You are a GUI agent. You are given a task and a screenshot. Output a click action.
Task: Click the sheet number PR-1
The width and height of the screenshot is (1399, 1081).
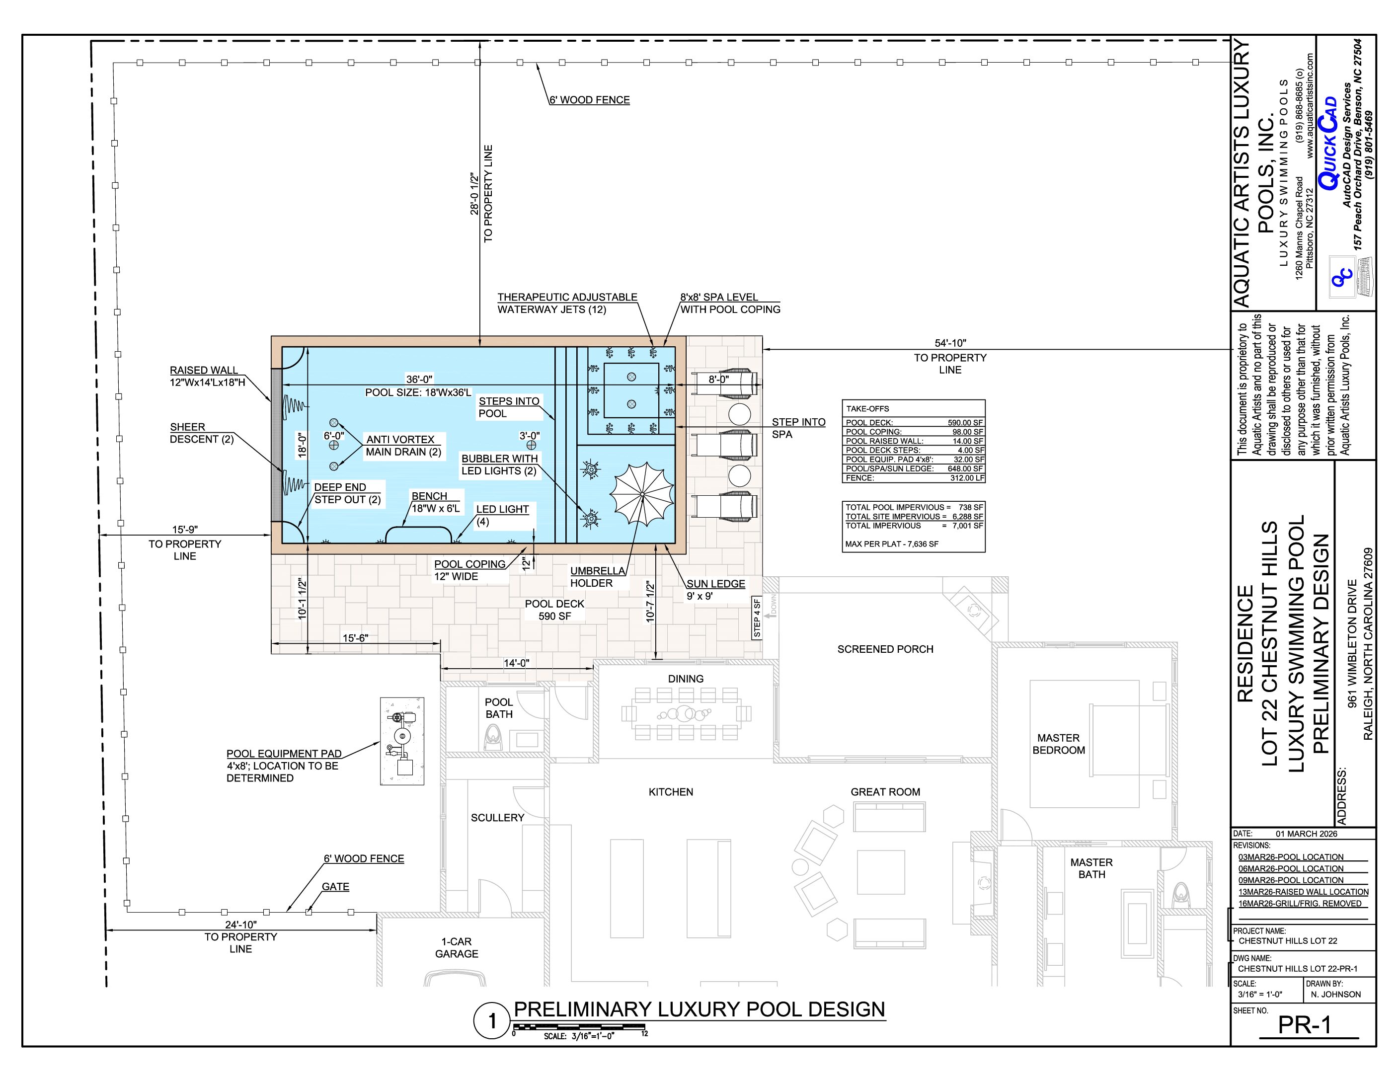click(1304, 1025)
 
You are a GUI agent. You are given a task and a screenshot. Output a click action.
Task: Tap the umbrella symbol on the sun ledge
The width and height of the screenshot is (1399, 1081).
click(642, 494)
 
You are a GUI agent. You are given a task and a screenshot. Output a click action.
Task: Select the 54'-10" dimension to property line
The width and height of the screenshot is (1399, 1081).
click(950, 343)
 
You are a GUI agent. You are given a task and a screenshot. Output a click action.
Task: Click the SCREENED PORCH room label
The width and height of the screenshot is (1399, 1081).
click(885, 649)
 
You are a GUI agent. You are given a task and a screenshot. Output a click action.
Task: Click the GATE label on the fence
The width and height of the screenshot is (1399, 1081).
click(336, 886)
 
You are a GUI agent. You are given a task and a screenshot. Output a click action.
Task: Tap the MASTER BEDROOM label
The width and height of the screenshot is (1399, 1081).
click(1059, 744)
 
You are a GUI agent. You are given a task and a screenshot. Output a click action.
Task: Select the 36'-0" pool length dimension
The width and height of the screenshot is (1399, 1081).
click(419, 379)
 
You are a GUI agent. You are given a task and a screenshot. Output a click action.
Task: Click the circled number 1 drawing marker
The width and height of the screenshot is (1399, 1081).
click(492, 1021)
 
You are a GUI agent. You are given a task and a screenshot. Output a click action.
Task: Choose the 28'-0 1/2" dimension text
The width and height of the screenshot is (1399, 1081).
click(474, 193)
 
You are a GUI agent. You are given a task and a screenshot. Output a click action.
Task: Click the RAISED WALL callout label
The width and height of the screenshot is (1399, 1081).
click(204, 370)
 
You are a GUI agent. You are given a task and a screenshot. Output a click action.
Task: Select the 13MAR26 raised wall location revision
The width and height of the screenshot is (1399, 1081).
click(1304, 891)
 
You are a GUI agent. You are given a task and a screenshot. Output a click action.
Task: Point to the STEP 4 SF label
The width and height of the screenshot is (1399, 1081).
click(757, 618)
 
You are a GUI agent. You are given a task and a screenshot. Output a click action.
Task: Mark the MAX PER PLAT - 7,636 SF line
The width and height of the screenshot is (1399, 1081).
click(892, 543)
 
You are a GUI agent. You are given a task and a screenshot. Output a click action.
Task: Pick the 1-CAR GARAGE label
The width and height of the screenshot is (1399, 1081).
click(457, 947)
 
